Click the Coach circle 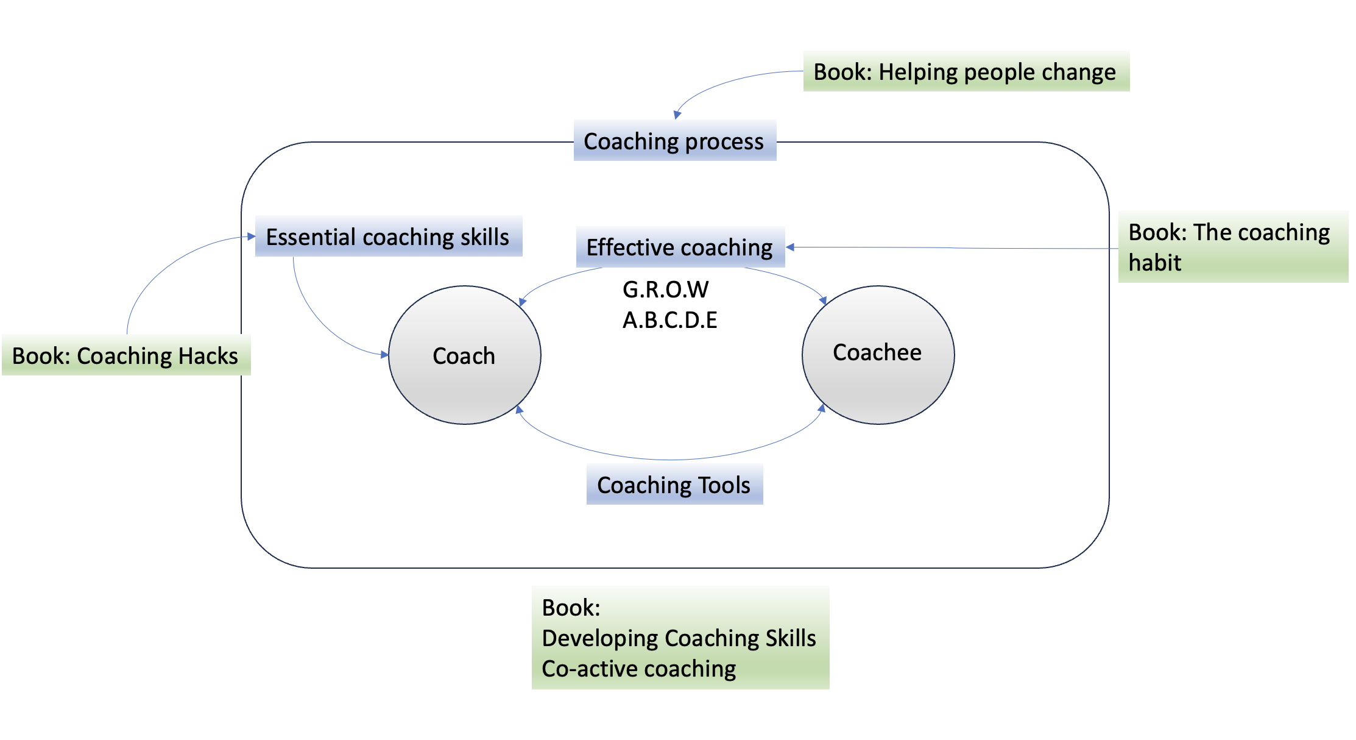click(x=464, y=355)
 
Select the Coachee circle click(x=878, y=355)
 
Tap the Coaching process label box click(x=675, y=141)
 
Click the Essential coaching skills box click(x=389, y=236)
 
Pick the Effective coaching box click(x=680, y=247)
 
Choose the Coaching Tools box click(x=674, y=485)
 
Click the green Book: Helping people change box click(x=966, y=71)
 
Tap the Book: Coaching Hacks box click(x=126, y=355)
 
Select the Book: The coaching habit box click(x=1233, y=247)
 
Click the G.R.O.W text click(x=666, y=290)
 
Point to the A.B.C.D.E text click(x=670, y=320)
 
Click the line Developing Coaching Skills click(x=679, y=638)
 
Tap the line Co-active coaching click(x=639, y=669)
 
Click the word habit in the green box click(x=1155, y=263)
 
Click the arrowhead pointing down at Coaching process click(x=677, y=115)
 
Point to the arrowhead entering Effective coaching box click(x=790, y=247)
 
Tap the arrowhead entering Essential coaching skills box click(x=251, y=236)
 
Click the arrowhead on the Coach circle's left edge click(x=384, y=354)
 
